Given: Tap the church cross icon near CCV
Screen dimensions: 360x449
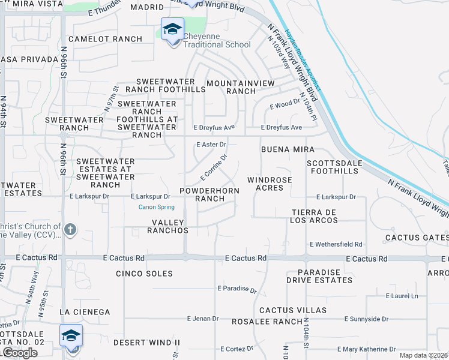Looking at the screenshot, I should pyautogui.click(x=70, y=229).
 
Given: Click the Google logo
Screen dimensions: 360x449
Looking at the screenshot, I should pyautogui.click(x=20, y=353).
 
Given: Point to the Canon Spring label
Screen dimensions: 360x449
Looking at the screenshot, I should pyautogui.click(x=156, y=208).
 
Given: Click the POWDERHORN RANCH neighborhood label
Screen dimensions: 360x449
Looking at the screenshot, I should pyautogui.click(x=209, y=194).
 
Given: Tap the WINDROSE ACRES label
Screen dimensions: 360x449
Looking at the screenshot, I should pyautogui.click(x=270, y=184).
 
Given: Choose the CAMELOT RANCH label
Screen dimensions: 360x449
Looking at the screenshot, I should pyautogui.click(x=106, y=39).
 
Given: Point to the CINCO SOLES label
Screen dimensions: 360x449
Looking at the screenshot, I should pyautogui.click(x=144, y=274).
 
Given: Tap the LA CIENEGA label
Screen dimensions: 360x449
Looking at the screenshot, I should pyautogui.click(x=85, y=312).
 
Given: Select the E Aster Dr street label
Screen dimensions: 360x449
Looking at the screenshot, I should pyautogui.click(x=211, y=145).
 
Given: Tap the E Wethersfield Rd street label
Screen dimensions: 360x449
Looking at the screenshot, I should pyautogui.click(x=336, y=244).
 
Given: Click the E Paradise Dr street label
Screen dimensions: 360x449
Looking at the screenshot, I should pyautogui.click(x=237, y=289).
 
